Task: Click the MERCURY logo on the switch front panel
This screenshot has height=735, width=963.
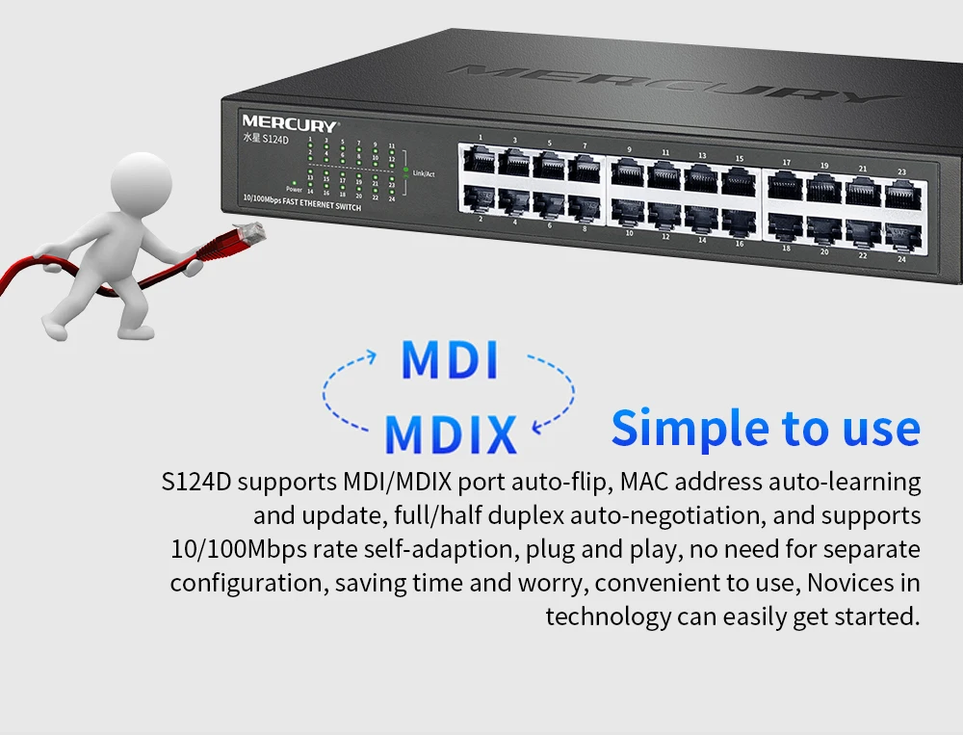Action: [x=289, y=124]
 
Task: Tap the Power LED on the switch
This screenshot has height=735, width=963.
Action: [x=293, y=181]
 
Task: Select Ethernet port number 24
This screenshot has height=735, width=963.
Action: [x=901, y=234]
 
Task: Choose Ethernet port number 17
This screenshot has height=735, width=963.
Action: [x=785, y=183]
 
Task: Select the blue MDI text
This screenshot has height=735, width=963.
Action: [x=450, y=360]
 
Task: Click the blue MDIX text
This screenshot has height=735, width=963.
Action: [x=451, y=433]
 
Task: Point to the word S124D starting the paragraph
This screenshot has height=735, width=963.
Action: [x=198, y=481]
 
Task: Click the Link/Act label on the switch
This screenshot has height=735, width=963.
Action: [x=424, y=173]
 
